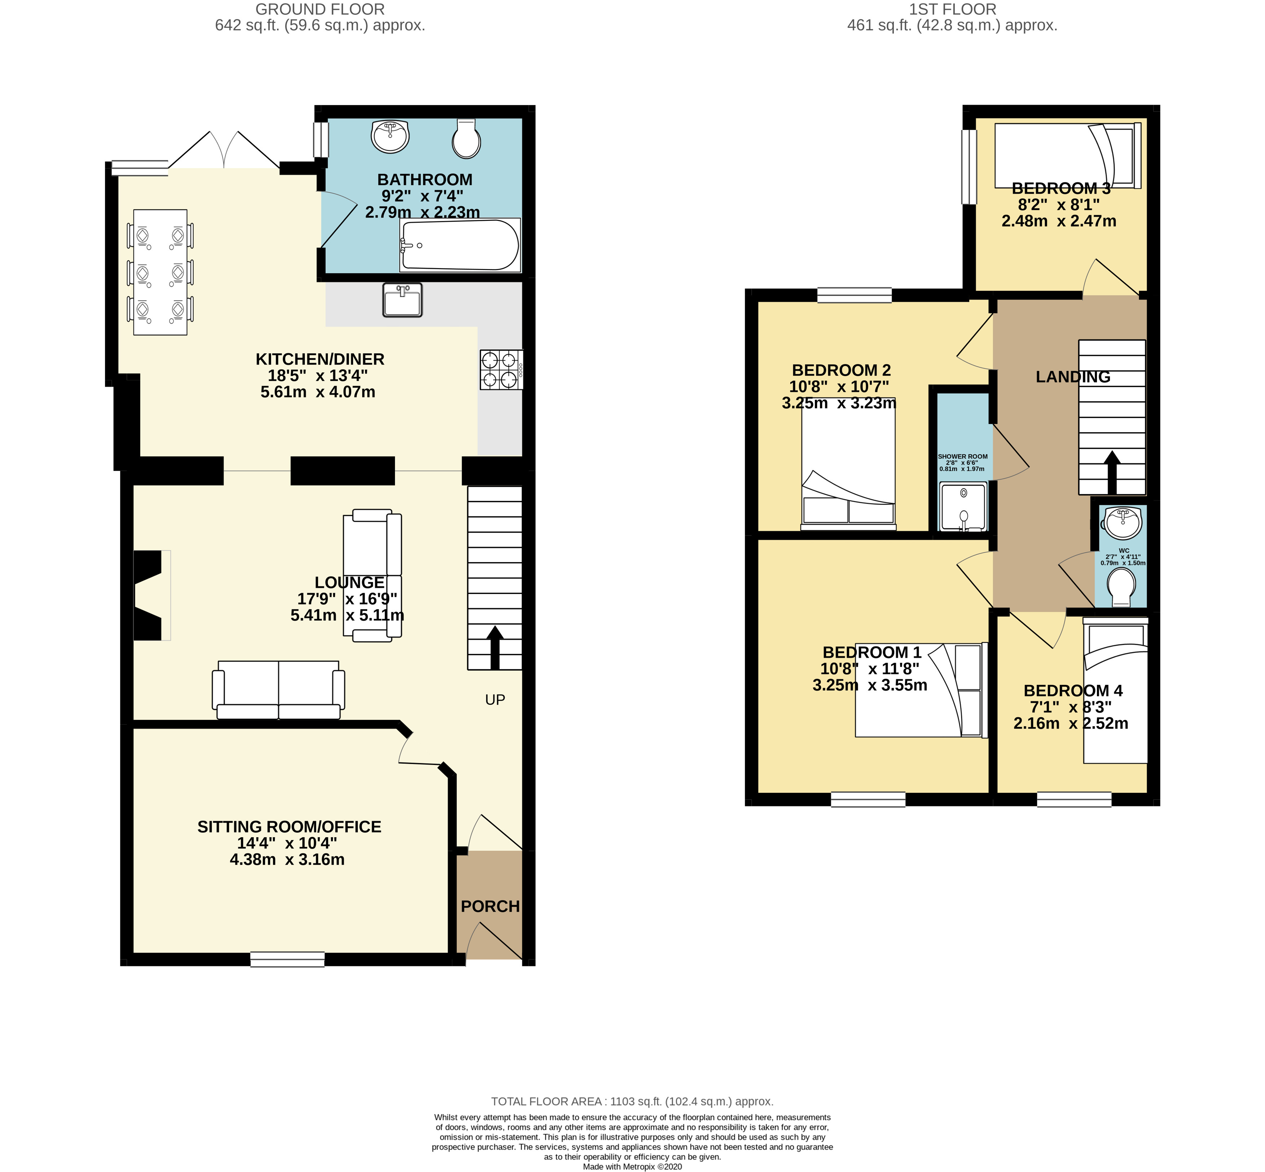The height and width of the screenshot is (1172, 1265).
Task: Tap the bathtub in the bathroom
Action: coord(460,245)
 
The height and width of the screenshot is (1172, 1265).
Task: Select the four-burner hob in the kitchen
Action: coord(501,370)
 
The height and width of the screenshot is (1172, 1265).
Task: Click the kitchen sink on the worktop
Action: coord(402,299)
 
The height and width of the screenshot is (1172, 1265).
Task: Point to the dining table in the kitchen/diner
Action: coord(161,272)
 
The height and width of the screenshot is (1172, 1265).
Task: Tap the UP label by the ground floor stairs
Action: coord(495,700)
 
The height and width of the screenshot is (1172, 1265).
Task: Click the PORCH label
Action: coord(490,906)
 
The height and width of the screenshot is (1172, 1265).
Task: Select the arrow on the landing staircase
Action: coord(1112,472)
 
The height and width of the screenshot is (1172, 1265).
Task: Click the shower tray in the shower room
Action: coord(963,506)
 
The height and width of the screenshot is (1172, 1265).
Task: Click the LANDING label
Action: coord(1073,377)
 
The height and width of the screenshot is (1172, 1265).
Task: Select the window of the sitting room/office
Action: coord(287,959)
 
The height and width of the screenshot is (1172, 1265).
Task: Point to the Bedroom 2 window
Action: coord(854,295)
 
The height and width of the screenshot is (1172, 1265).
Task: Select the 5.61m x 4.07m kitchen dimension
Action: coord(318,392)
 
